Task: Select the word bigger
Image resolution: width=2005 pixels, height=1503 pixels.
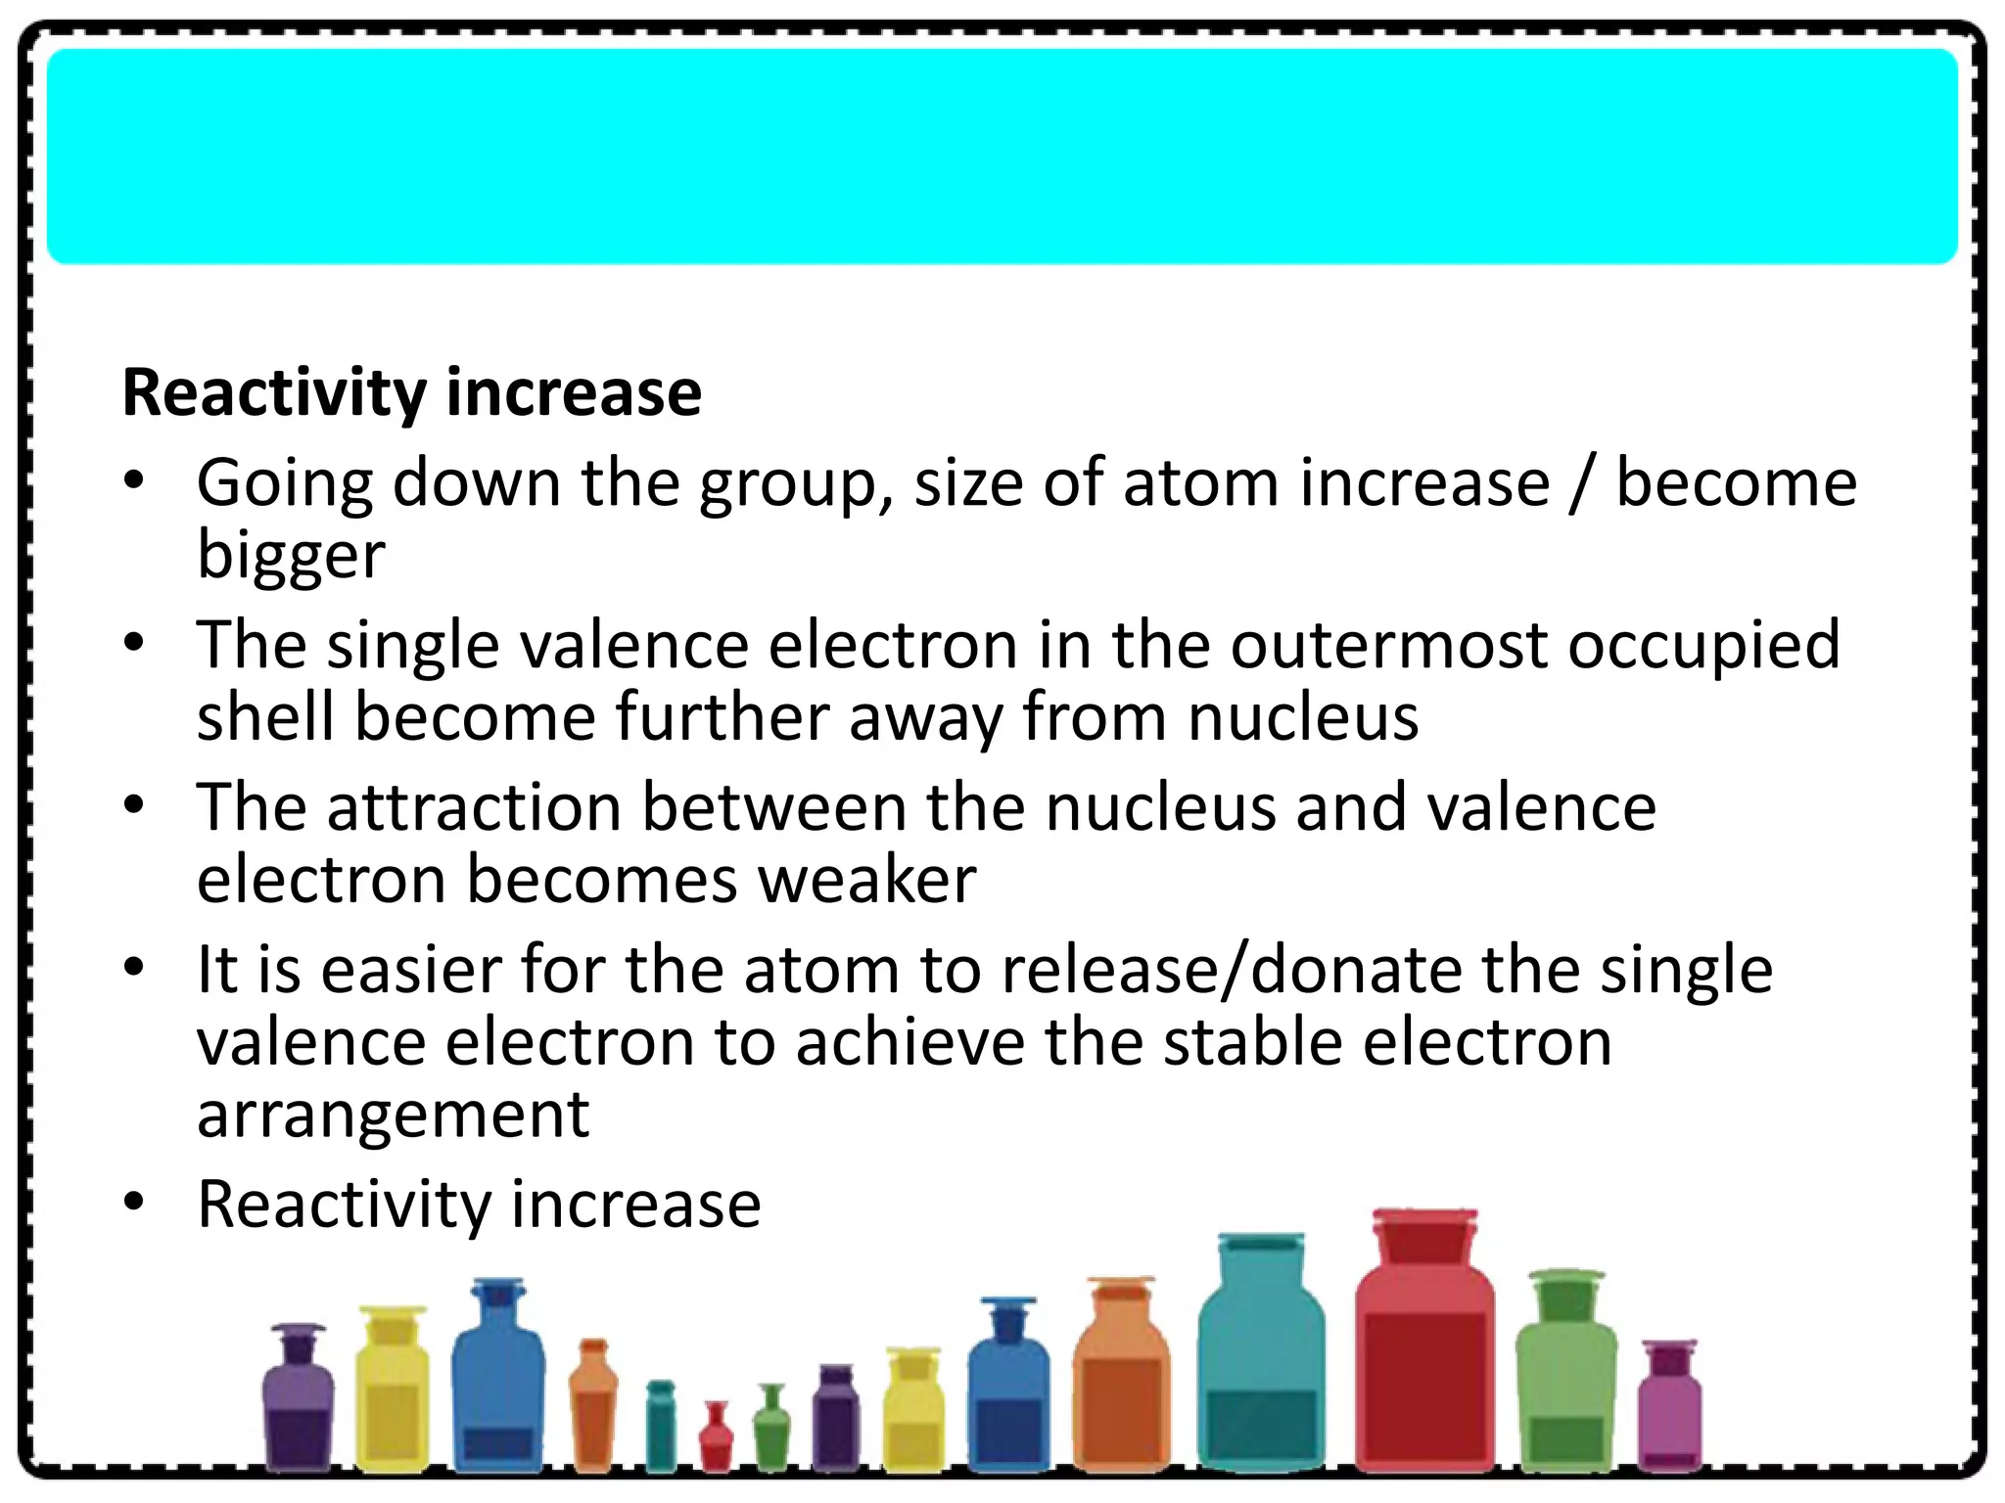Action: click(x=291, y=556)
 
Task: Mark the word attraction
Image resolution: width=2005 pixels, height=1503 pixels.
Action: click(x=474, y=807)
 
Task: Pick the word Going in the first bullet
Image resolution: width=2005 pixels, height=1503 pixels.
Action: click(x=285, y=484)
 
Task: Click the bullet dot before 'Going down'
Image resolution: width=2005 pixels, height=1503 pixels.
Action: click(x=135, y=480)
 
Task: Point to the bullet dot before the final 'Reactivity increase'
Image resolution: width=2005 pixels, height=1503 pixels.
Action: click(x=135, y=1201)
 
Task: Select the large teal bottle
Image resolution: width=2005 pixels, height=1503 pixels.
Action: click(x=1261, y=1370)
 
